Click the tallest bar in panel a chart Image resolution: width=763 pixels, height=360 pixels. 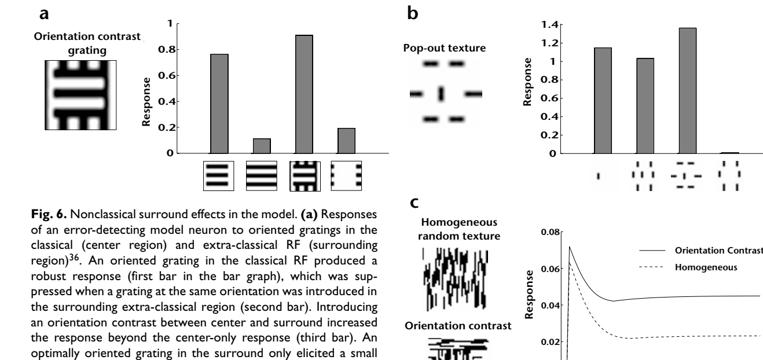coord(303,94)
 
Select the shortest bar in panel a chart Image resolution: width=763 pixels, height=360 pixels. coord(261,146)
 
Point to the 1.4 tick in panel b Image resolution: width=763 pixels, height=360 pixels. coord(546,25)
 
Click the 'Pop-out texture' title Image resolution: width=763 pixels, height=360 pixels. coord(444,47)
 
